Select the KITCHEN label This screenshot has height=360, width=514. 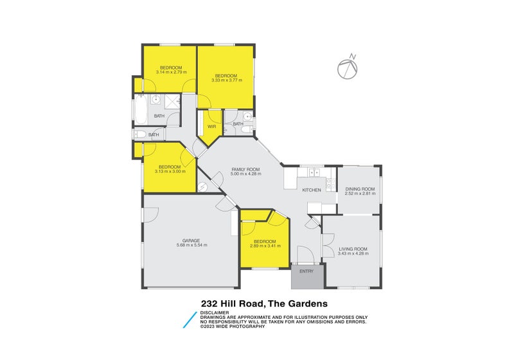pos(312,190)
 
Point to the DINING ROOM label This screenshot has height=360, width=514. pos(359,188)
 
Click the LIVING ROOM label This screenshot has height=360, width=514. pos(352,249)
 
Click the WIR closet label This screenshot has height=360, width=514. pos(211,126)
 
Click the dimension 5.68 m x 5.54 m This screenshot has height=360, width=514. pos(191,246)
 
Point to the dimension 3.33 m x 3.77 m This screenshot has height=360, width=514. pos(226,80)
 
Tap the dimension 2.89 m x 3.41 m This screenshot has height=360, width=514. pos(265,246)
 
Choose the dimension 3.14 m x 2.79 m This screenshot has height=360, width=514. pos(171,73)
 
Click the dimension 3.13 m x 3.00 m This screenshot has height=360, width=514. pos(170,171)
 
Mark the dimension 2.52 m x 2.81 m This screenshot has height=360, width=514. pos(359,194)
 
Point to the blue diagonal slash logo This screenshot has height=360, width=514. pos(190,319)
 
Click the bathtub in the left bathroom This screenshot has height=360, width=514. pos(139,110)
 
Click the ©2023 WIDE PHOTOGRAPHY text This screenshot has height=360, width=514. pos(233,327)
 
